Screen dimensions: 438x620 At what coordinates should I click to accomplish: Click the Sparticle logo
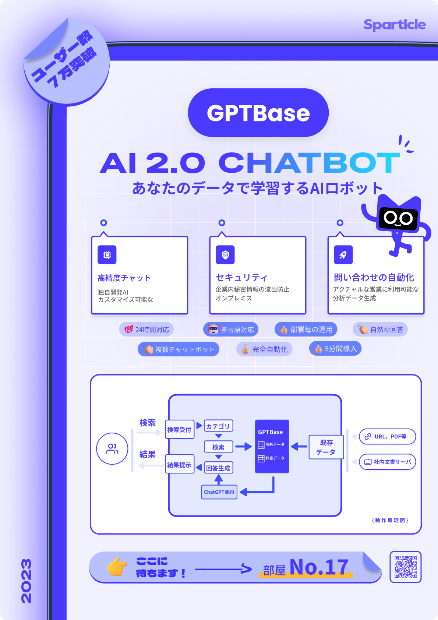pos(394,25)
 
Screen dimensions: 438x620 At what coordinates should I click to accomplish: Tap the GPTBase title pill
pos(258,113)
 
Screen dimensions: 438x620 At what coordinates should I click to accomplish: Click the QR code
pos(405,567)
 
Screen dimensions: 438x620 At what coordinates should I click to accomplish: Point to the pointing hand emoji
pos(117,567)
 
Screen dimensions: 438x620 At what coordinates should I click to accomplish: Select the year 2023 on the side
pos(26,581)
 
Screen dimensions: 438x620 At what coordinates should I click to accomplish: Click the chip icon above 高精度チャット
pos(107,255)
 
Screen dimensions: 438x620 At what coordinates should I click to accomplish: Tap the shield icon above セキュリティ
pos(225,255)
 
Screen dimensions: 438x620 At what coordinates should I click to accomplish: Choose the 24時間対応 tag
pos(146,330)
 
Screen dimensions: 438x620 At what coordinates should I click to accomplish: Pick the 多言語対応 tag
pos(231,330)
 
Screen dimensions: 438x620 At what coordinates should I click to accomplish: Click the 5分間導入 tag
pos(335,349)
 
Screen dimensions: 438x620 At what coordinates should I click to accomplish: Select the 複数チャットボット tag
pos(179,349)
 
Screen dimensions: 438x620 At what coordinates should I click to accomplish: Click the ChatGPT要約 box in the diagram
pos(219,492)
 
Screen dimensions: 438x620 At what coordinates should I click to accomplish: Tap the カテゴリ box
pos(218,426)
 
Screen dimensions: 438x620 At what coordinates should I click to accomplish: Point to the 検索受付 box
pos(179,430)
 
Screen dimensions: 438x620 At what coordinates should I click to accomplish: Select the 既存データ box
pos(326,447)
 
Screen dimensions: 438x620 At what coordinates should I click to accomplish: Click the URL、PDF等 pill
pos(387,437)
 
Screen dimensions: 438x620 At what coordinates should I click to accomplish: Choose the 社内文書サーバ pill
pos(387,462)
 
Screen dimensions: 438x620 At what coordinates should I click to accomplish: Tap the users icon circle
pos(112,448)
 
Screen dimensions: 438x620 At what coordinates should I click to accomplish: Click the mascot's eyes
pos(398,218)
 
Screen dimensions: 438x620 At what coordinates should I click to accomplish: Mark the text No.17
pos(319,567)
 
